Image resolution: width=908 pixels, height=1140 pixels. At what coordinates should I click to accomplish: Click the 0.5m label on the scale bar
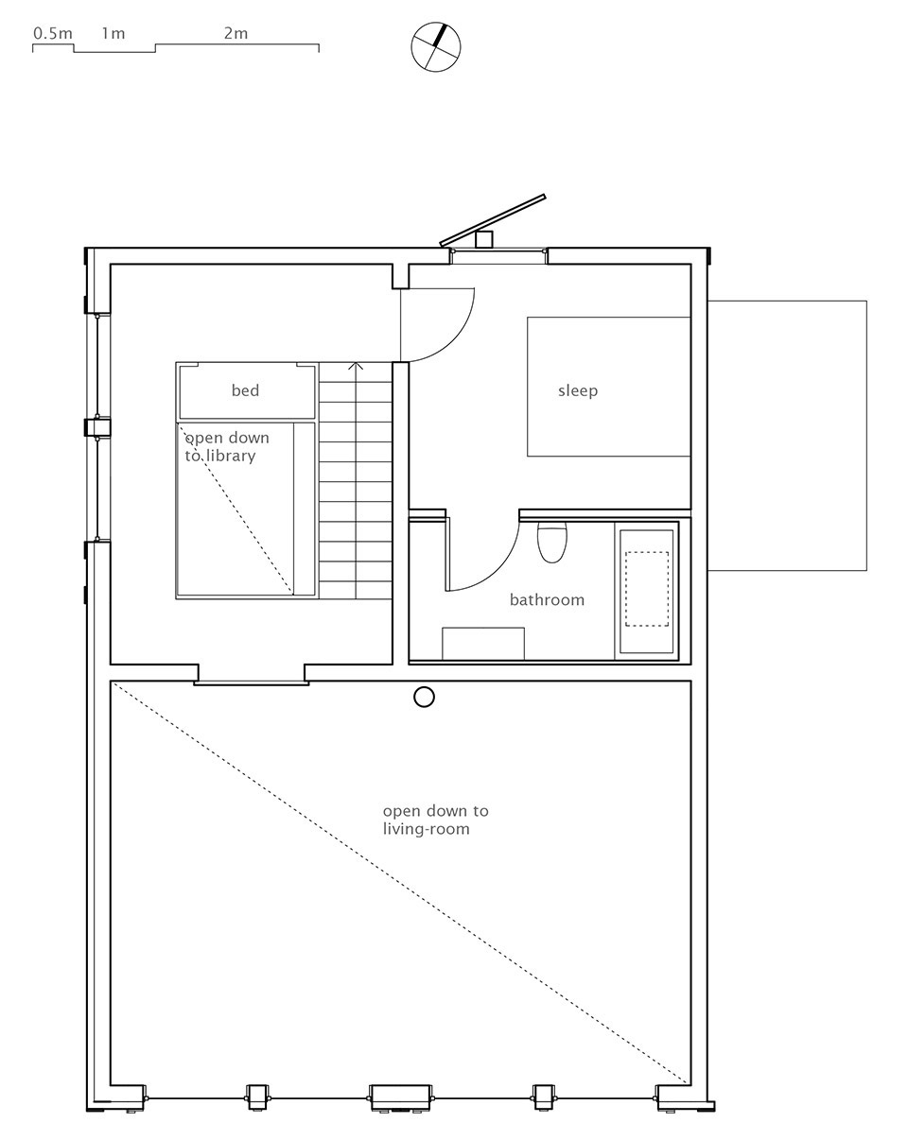click(x=52, y=33)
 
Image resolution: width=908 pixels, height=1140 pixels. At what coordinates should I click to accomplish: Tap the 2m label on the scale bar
click(x=236, y=33)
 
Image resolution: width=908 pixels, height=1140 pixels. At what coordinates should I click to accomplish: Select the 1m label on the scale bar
click(x=113, y=33)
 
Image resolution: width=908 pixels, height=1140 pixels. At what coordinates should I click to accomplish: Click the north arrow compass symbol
click(x=436, y=46)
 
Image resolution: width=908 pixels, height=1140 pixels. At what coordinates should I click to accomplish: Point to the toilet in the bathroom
click(x=551, y=542)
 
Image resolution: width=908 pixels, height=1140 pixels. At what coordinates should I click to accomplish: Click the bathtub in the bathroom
click(x=646, y=590)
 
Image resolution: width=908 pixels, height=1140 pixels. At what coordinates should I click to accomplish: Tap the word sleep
click(x=578, y=391)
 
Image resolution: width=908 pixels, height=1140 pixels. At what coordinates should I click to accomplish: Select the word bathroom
click(x=547, y=599)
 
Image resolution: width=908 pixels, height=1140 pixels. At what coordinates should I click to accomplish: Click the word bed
click(x=245, y=390)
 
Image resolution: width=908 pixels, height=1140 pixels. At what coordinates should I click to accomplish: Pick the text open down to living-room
click(x=436, y=820)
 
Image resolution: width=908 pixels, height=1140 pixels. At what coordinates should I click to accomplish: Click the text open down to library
click(x=227, y=446)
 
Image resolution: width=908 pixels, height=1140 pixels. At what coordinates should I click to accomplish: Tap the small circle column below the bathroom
click(x=424, y=697)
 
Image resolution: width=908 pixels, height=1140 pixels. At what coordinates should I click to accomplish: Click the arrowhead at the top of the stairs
click(x=357, y=366)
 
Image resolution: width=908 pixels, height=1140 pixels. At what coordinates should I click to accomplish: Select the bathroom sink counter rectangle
click(x=483, y=644)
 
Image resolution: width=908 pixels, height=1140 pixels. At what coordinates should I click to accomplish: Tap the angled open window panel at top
click(x=493, y=220)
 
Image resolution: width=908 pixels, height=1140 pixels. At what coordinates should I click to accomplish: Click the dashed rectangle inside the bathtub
click(x=647, y=589)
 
